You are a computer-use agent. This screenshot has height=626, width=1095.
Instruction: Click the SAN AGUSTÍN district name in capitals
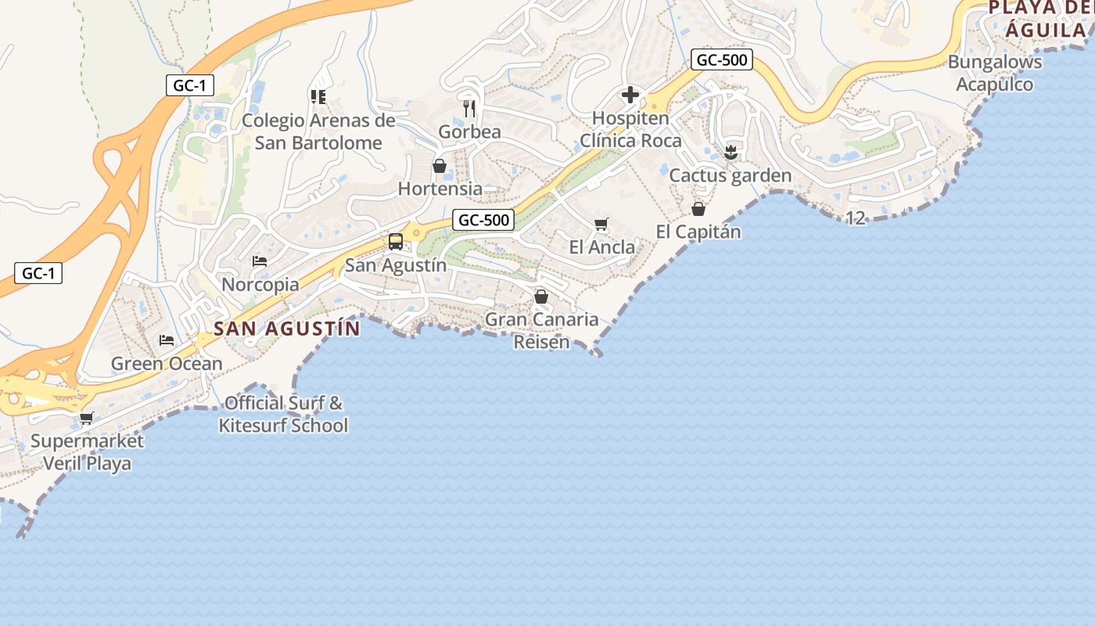(287, 328)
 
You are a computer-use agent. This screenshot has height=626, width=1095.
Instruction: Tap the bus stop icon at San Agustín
(396, 241)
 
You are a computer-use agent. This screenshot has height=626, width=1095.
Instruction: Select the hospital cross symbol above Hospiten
(630, 95)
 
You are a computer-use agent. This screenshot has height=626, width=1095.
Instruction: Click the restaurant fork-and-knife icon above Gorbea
(469, 108)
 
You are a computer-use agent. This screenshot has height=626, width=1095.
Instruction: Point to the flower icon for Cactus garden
(731, 153)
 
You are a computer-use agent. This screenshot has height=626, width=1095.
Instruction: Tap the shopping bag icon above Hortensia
(440, 166)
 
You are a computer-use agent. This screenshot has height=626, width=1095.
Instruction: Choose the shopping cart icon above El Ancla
(601, 225)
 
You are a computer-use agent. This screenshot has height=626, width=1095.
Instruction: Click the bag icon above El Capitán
(698, 209)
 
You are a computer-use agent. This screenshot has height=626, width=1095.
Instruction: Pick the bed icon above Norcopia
(260, 261)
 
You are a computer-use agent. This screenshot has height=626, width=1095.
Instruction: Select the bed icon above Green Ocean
(167, 340)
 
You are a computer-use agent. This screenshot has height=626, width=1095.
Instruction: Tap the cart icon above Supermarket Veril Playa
(86, 418)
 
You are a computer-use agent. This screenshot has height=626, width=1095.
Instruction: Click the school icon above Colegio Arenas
(318, 97)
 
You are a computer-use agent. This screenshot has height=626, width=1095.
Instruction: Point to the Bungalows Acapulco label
(995, 73)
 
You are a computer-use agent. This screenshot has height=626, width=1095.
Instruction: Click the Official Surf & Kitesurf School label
(283, 415)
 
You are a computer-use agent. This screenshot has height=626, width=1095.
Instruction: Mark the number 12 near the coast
(856, 218)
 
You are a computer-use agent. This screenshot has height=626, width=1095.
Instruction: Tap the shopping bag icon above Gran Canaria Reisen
(540, 297)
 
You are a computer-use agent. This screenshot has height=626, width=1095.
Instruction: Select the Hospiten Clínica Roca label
(630, 130)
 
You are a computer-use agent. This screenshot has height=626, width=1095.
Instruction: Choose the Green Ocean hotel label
(167, 364)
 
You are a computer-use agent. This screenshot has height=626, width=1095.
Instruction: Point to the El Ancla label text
(602, 247)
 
